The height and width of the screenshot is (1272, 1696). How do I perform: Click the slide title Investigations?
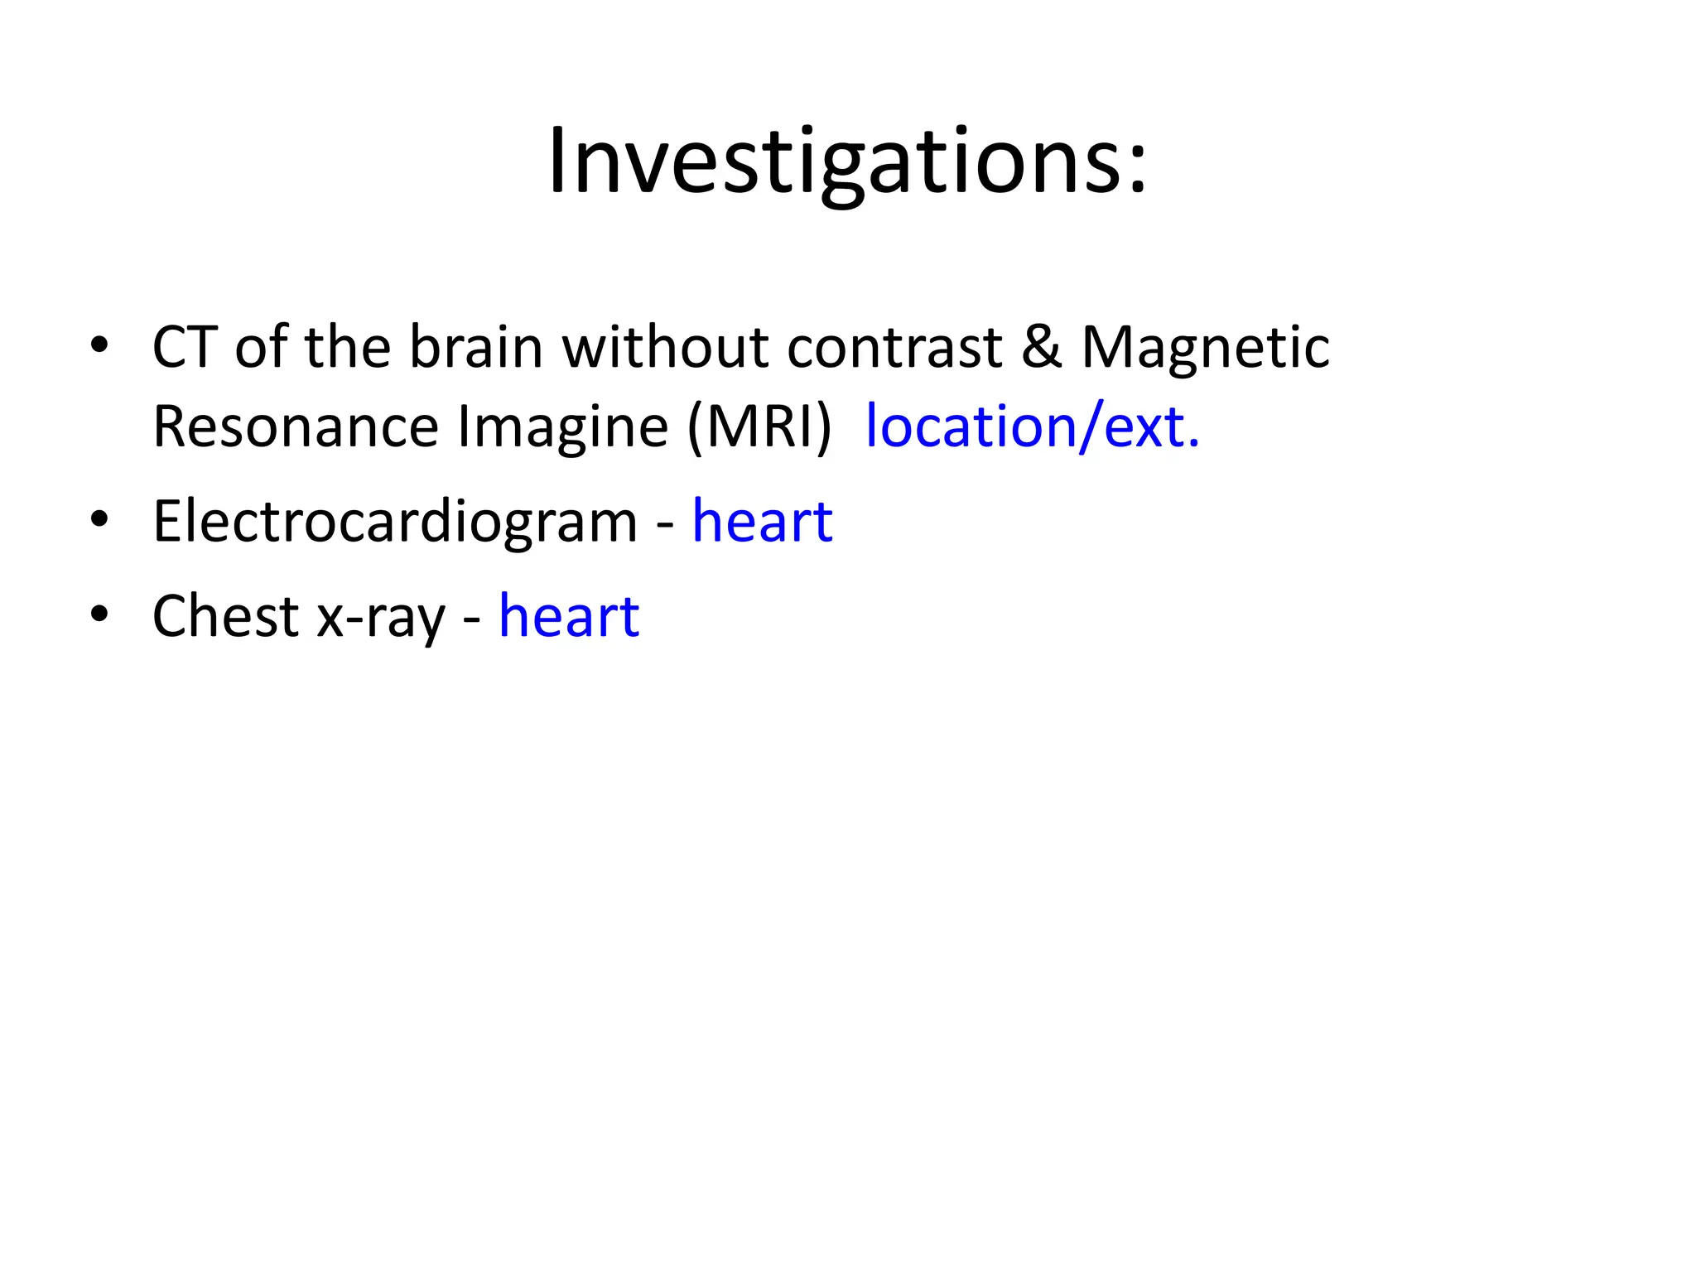(x=847, y=161)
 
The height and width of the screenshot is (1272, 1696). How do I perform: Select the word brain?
(x=476, y=347)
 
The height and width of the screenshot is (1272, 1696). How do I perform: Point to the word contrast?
(x=894, y=347)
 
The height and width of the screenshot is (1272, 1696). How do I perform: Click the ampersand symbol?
(x=1041, y=347)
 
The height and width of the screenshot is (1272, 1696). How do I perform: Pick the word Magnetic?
(x=1206, y=347)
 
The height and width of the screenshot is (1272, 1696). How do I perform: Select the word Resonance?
(x=295, y=427)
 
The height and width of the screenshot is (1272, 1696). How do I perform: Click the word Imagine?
(x=562, y=429)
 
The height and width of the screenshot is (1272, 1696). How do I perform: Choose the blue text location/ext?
(x=1032, y=427)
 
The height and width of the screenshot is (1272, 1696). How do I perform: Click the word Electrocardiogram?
(x=395, y=523)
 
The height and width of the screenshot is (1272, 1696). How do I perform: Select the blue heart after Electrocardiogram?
(x=762, y=522)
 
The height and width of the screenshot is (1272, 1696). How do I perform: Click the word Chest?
(x=225, y=617)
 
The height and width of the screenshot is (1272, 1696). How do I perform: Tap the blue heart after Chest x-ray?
(x=569, y=617)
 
